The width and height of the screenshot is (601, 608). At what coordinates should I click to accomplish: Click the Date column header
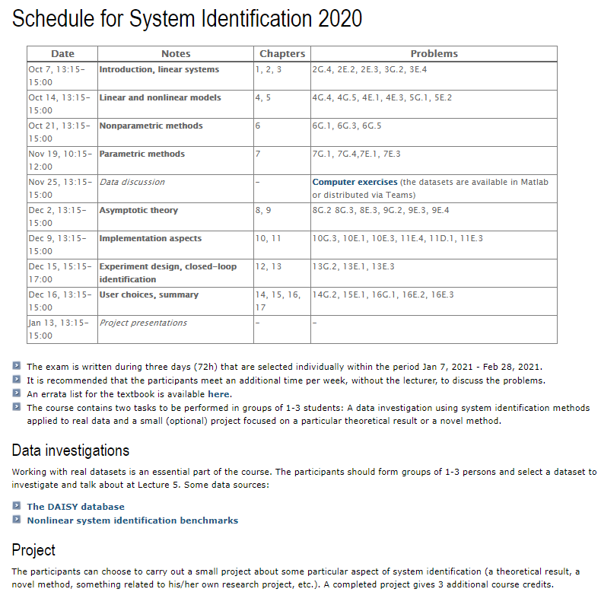click(x=62, y=53)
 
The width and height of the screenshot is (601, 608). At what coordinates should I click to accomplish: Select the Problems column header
click(x=434, y=53)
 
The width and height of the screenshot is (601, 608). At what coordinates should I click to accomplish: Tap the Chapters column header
click(x=281, y=53)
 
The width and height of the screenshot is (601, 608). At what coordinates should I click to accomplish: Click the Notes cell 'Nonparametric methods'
click(x=151, y=126)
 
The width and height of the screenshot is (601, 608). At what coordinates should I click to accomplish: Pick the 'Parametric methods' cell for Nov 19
click(x=142, y=154)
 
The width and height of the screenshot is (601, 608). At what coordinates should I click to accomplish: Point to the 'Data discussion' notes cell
click(x=132, y=182)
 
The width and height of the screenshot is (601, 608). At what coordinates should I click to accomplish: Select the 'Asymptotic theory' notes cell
click(x=138, y=210)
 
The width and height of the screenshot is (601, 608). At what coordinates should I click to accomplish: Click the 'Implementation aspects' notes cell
click(x=151, y=238)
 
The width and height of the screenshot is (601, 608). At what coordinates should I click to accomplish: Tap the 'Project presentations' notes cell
click(x=143, y=323)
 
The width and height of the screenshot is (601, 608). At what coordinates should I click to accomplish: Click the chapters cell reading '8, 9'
click(x=263, y=210)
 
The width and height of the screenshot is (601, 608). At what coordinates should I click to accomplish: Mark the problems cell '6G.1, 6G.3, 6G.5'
click(x=347, y=126)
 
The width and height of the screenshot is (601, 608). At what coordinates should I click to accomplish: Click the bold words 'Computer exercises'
click(x=355, y=182)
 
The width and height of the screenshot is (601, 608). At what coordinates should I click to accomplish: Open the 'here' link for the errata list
click(x=219, y=394)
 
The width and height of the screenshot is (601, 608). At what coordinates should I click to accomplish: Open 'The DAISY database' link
click(x=75, y=507)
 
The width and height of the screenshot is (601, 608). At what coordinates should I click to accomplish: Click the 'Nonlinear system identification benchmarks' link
click(x=132, y=520)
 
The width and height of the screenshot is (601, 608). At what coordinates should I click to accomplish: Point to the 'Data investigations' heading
click(x=71, y=450)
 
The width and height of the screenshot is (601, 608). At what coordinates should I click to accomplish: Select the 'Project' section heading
click(x=33, y=549)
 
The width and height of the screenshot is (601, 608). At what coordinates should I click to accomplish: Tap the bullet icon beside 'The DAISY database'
click(x=17, y=507)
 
